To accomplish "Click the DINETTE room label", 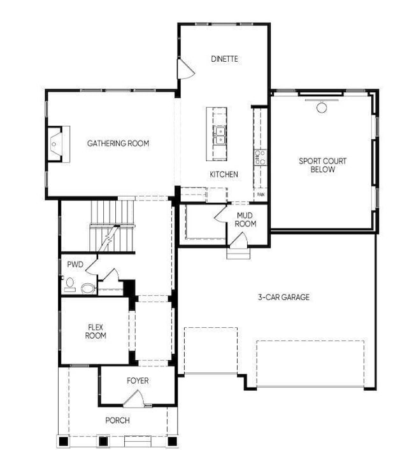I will (224, 59).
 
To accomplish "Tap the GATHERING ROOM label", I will (118, 143).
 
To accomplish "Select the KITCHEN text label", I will (224, 174).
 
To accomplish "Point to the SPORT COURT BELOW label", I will (323, 165).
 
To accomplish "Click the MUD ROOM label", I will (245, 220).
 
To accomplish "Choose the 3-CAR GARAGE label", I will (283, 297).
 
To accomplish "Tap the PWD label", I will (75, 264).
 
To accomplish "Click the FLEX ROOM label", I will (96, 332).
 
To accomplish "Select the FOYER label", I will (137, 381).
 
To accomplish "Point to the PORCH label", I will (118, 421).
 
